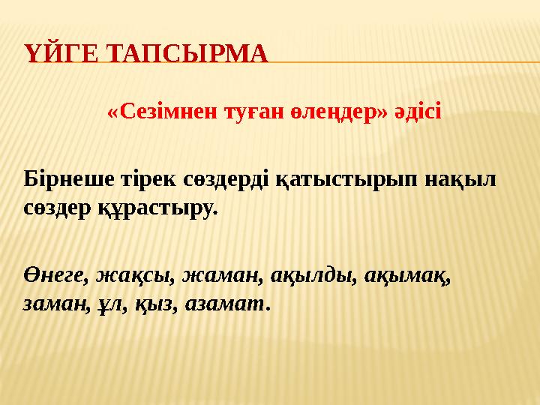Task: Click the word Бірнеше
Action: (69, 179)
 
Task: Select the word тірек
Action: (148, 179)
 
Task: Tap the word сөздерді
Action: (226, 179)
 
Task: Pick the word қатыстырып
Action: (346, 180)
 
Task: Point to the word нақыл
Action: (460, 179)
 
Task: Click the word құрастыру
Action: (158, 208)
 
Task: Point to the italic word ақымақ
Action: (407, 277)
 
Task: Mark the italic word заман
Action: (55, 304)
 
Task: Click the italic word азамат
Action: (226, 304)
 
